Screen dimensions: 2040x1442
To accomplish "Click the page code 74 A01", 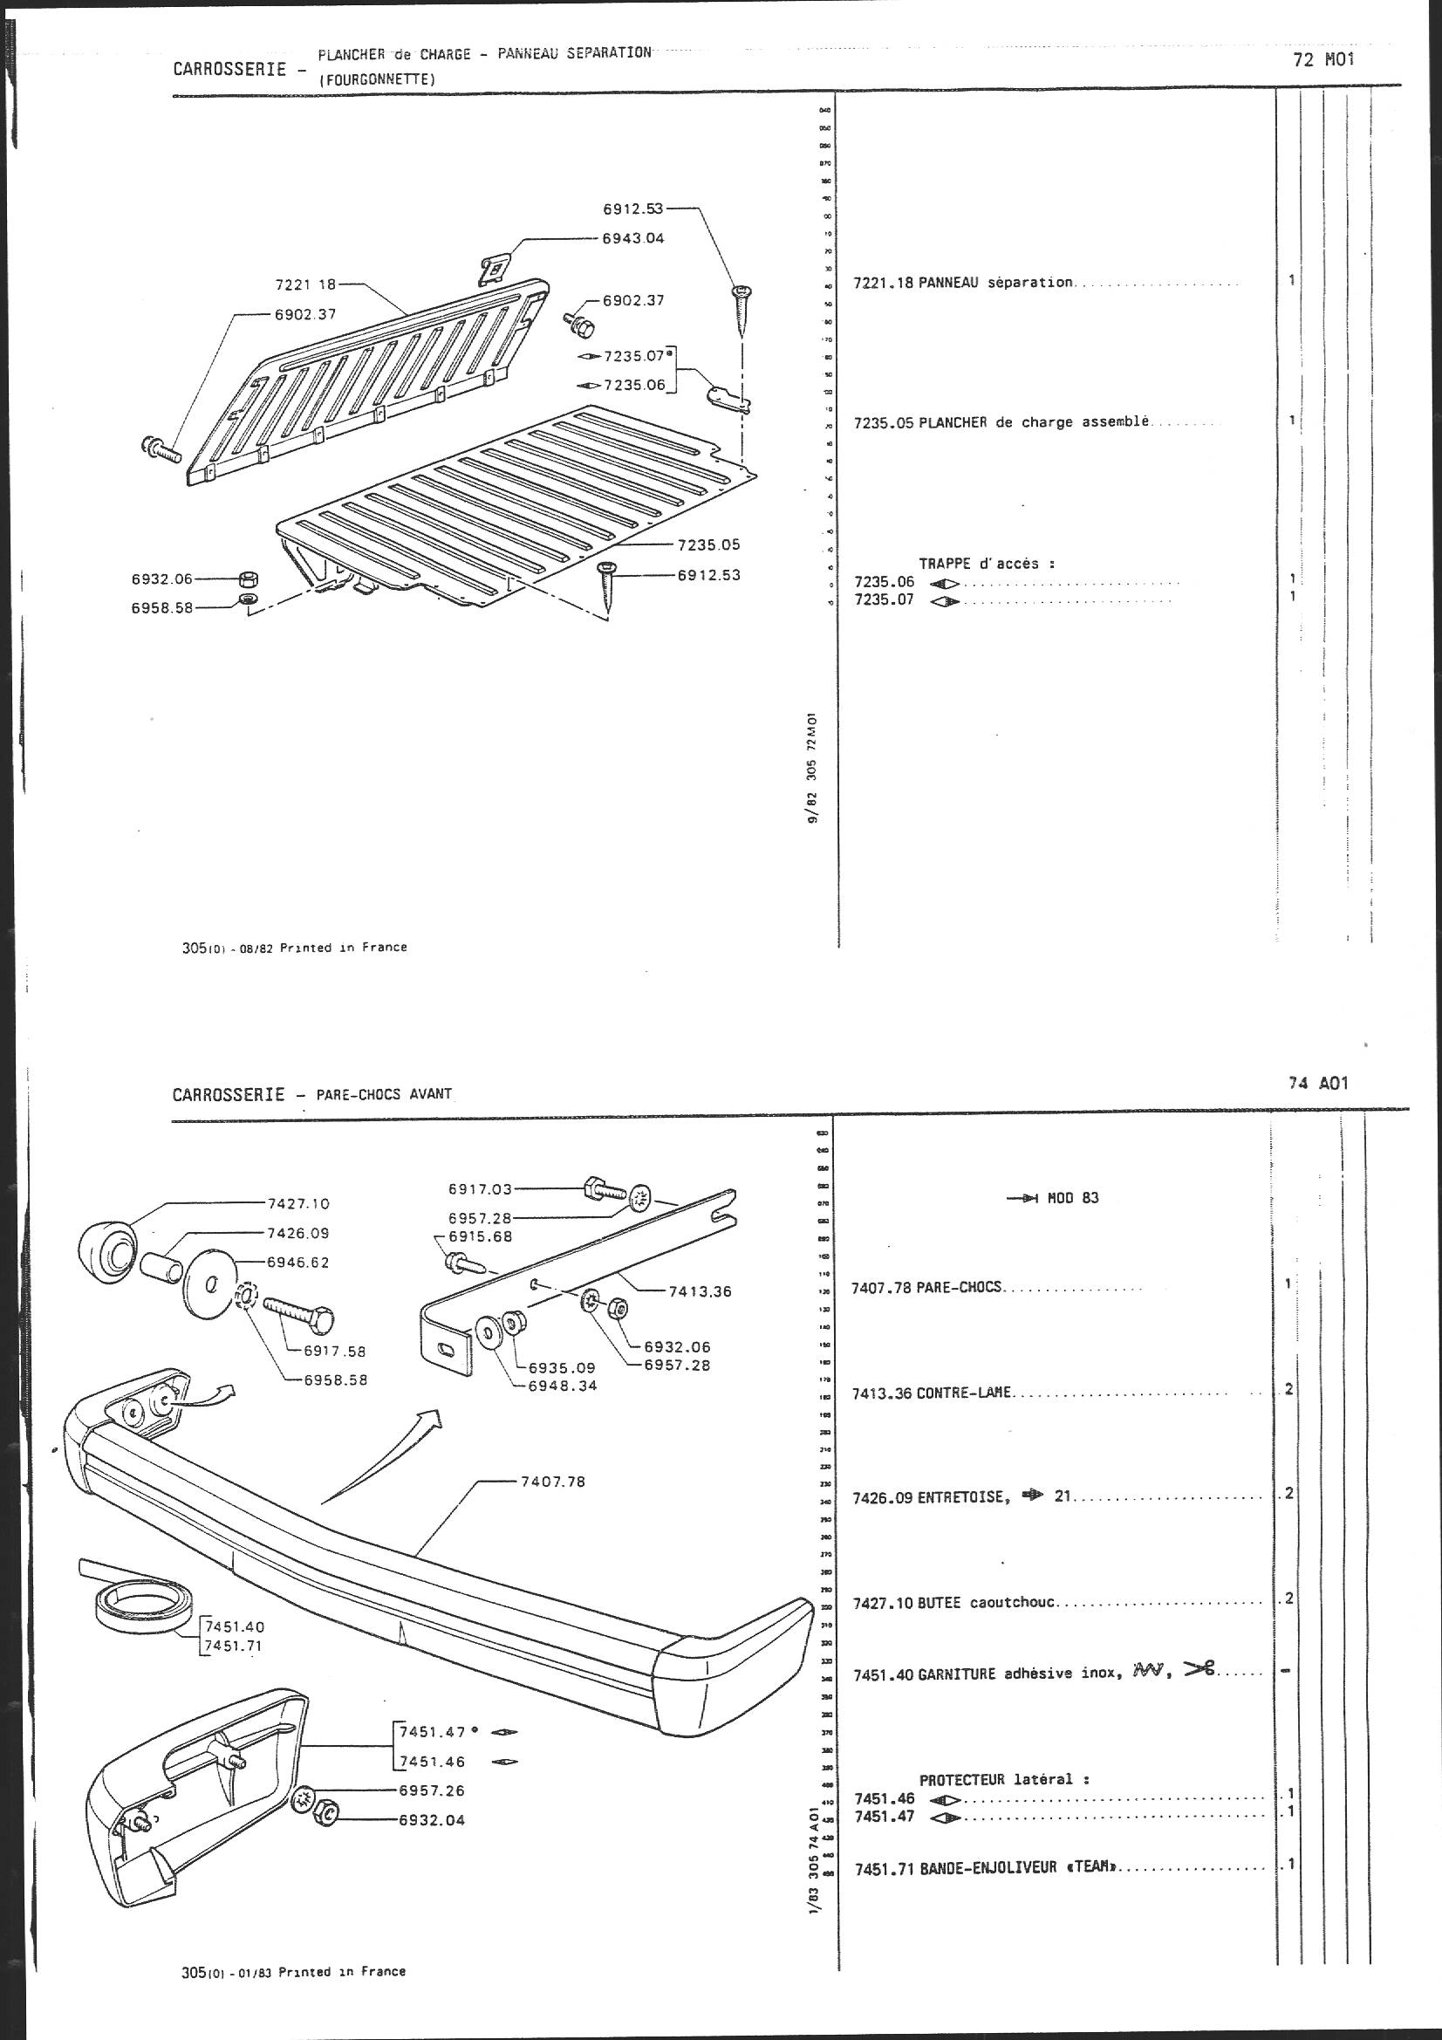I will (x=1317, y=1083).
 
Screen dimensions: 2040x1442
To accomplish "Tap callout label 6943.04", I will (x=632, y=238).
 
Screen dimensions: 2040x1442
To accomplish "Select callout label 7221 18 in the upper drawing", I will (x=305, y=285).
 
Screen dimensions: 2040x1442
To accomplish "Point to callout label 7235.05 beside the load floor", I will (x=708, y=544).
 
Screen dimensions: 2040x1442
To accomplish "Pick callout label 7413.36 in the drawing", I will (x=700, y=1291).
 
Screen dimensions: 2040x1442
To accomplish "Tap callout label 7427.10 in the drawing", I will (x=297, y=1204).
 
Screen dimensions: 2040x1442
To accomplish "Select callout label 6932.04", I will (x=433, y=1812).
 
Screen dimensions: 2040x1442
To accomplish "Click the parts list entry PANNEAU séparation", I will (x=962, y=283).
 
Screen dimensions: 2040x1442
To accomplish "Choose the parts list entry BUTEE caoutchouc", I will (x=955, y=1603).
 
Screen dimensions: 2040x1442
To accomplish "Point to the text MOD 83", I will (x=1072, y=1198).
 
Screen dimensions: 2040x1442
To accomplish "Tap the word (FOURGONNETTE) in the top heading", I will (x=377, y=80).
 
